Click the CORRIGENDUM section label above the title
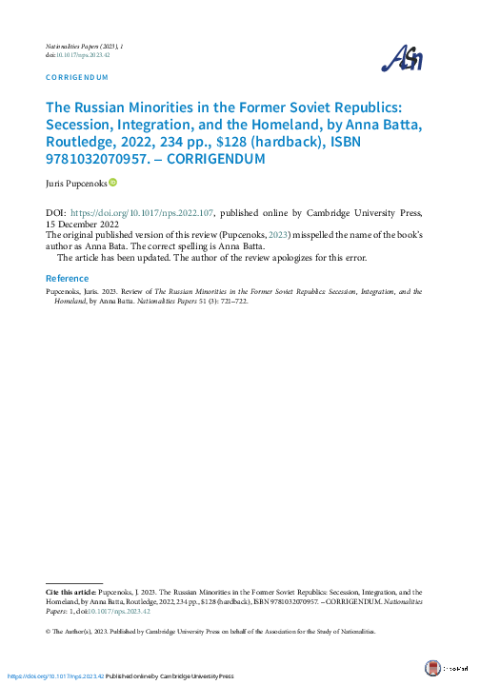pos(77,77)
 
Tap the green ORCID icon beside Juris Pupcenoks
pos(112,182)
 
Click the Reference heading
pos(68,279)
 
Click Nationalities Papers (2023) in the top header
pos(86,46)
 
